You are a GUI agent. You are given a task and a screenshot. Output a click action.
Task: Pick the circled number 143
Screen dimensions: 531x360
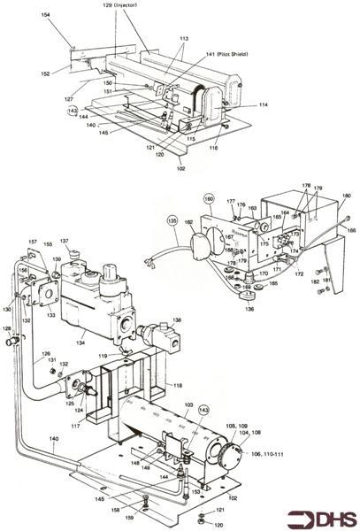203,410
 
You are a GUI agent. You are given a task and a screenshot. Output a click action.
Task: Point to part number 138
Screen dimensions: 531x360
178,320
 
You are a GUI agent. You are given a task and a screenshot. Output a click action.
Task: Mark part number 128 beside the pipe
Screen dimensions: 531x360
8,328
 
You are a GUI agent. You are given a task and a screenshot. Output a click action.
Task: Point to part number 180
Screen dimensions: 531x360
347,196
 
